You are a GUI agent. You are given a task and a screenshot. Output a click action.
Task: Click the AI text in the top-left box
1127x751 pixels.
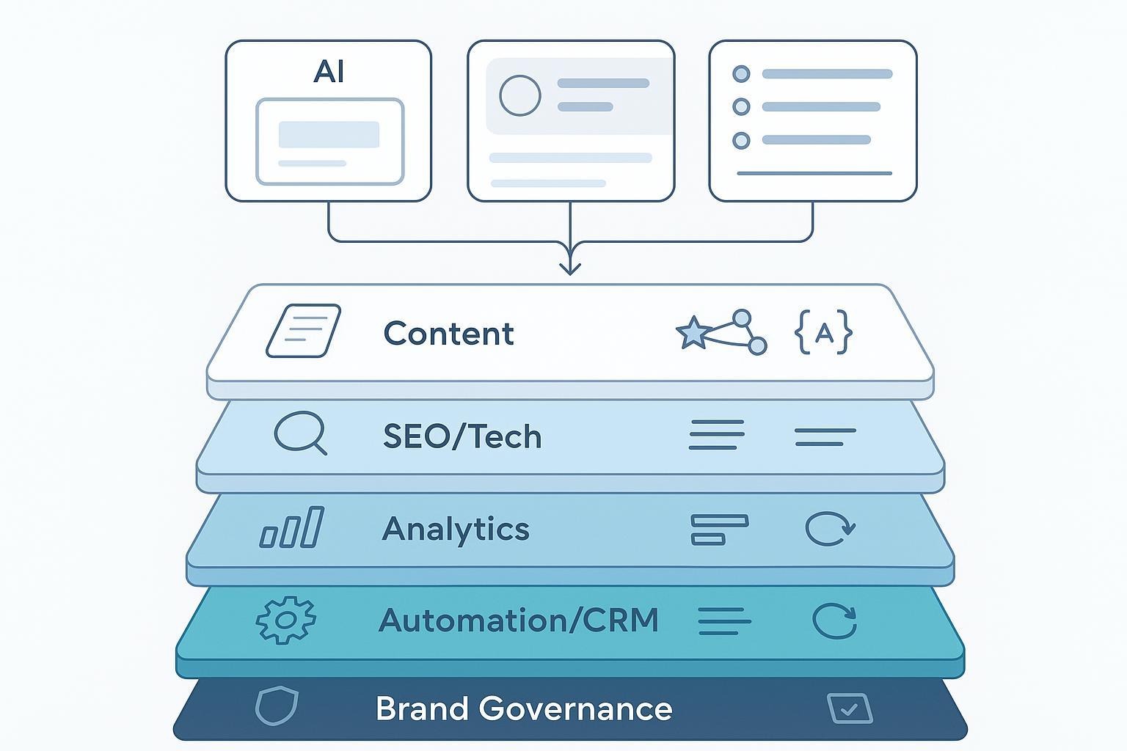(329, 72)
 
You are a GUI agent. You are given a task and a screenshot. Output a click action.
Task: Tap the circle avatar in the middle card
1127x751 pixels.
(520, 95)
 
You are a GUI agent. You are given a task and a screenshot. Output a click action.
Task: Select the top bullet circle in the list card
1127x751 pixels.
(742, 74)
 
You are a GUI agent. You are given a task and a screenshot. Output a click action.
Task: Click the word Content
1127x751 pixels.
(448, 334)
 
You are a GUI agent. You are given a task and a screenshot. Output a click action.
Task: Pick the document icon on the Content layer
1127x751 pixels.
(303, 331)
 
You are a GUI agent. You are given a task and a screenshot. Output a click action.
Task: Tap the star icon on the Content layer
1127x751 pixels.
(693, 333)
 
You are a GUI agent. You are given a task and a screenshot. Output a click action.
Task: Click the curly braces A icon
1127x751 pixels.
(824, 333)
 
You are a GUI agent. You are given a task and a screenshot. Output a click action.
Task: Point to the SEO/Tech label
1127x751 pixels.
(462, 437)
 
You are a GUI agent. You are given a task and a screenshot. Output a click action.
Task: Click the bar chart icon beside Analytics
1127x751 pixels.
(292, 527)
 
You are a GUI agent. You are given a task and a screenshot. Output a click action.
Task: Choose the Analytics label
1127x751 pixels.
(456, 529)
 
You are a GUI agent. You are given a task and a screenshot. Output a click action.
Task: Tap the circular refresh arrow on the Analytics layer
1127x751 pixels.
(829, 529)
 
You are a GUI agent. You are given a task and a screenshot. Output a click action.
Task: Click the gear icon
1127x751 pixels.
(286, 620)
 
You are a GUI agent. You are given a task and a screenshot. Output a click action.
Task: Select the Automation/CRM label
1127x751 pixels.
(519, 620)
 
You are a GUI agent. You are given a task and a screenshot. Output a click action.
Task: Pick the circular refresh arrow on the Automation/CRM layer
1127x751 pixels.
(835, 622)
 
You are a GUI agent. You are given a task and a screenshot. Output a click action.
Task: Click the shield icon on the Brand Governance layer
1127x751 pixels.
(277, 706)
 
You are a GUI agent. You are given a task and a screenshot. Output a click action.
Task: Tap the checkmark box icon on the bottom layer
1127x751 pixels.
(850, 708)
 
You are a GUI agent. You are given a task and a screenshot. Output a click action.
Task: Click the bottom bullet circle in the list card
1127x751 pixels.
(742, 140)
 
